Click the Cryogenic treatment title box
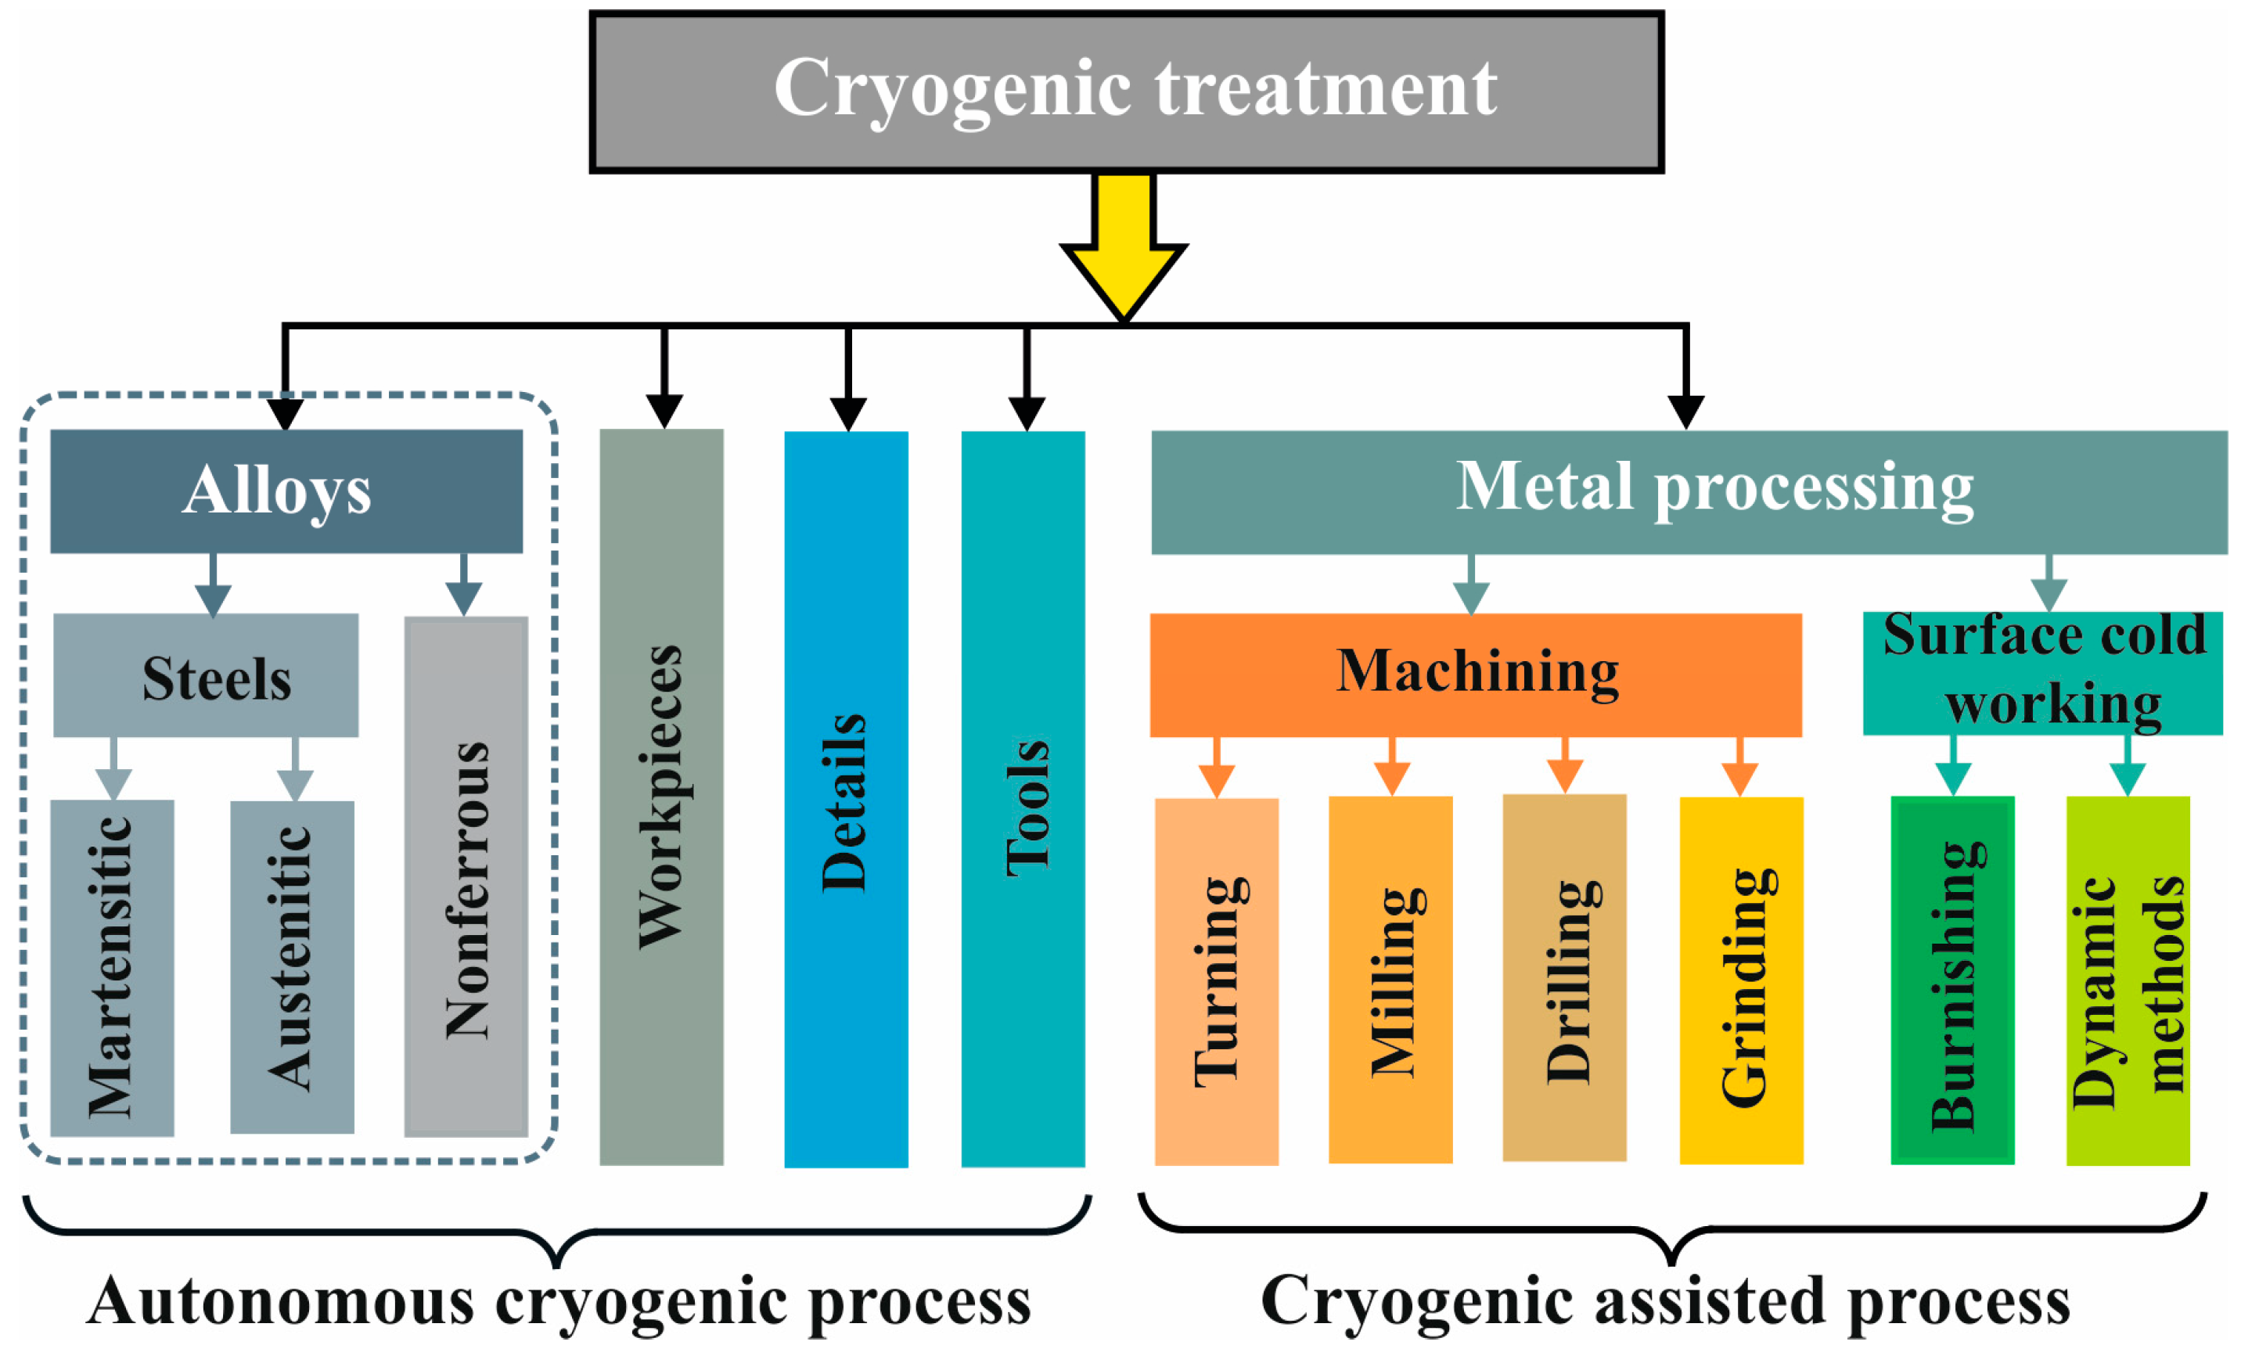pos(1126,91)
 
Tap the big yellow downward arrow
pos(1124,254)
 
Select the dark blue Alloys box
pos(286,491)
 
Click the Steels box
pos(206,674)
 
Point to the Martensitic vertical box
pos(112,967)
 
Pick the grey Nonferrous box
pos(466,876)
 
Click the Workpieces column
pos(661,797)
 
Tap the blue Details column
pos(846,799)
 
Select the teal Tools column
pos(1023,799)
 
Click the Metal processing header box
pos(1689,492)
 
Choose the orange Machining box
pos(1475,674)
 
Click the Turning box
pos(1216,980)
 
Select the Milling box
pos(1390,980)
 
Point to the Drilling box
pos(1564,977)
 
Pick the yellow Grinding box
pos(1741,980)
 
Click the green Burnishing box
pos(1951,980)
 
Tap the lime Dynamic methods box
pos(2128,980)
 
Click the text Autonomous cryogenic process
pos(559,1300)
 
